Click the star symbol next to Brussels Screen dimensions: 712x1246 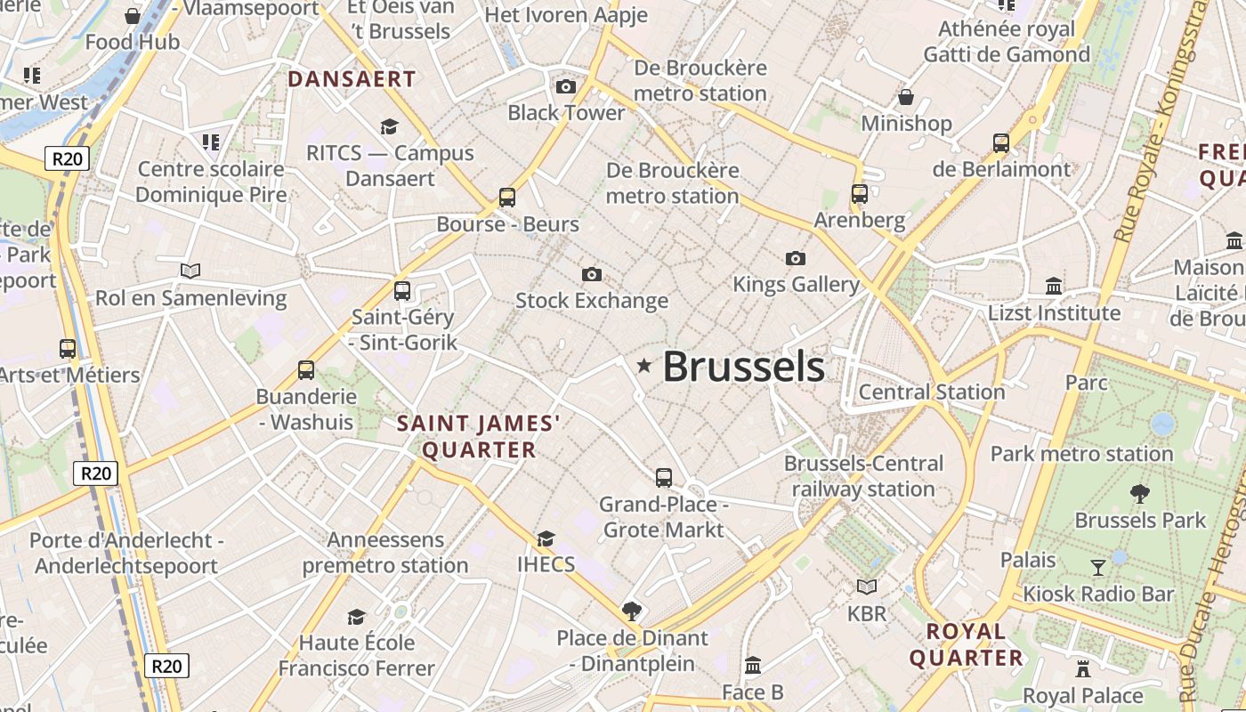(x=643, y=366)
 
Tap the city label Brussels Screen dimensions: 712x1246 (x=743, y=367)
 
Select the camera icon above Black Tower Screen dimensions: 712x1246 (x=565, y=86)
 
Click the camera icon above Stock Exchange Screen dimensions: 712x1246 (x=591, y=274)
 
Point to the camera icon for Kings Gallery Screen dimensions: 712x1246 (x=796, y=258)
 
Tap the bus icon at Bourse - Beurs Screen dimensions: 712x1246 (x=507, y=198)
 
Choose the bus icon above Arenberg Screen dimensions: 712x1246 (x=859, y=193)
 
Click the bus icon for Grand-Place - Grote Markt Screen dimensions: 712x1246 (x=664, y=478)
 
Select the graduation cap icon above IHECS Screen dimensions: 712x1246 (x=546, y=538)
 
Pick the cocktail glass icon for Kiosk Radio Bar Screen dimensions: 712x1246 (x=1098, y=567)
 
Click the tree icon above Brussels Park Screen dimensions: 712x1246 (x=1139, y=494)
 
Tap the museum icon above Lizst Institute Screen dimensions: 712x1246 (x=1055, y=286)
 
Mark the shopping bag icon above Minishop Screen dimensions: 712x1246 (x=906, y=97)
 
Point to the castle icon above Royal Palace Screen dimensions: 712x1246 (x=1083, y=668)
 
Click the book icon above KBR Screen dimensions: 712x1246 (x=867, y=587)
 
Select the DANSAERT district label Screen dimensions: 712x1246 (x=352, y=79)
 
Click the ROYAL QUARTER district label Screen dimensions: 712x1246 (x=966, y=645)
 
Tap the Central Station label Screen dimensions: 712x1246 (x=932, y=392)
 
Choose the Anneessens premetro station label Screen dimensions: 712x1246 (x=385, y=553)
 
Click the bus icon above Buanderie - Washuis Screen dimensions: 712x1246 (x=306, y=370)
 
